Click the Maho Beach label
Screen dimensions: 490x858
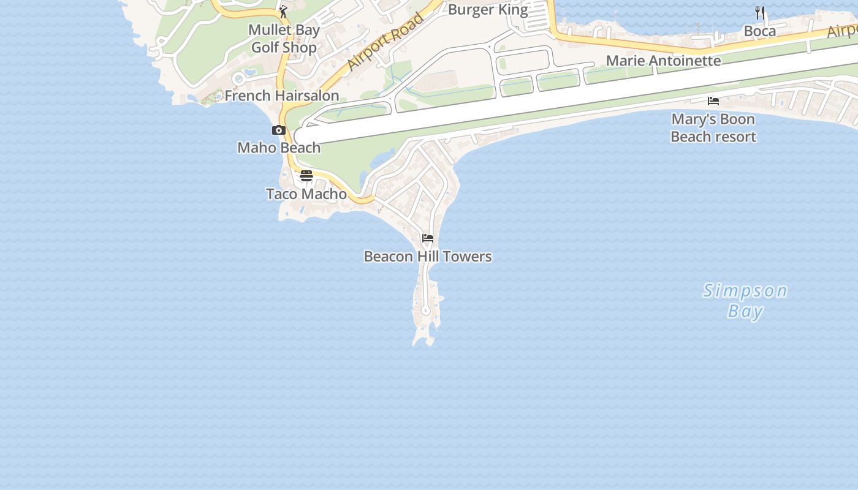[x=279, y=148]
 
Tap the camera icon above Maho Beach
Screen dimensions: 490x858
[x=279, y=130]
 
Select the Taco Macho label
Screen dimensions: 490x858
[x=306, y=194]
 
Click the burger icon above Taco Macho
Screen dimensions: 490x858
[x=306, y=176]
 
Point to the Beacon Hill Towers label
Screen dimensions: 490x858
[x=428, y=256]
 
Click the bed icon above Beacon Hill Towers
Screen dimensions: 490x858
[x=428, y=238]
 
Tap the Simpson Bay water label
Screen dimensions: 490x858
[x=745, y=300]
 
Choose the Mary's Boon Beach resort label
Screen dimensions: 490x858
[x=713, y=127]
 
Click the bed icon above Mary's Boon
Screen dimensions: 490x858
[x=713, y=100]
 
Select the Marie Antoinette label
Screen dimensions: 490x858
[x=663, y=61]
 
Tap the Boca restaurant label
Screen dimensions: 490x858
[x=760, y=31]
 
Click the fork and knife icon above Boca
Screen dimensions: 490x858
[x=760, y=12]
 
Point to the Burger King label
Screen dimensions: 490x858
[x=488, y=9]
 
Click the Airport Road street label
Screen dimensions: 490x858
[x=385, y=42]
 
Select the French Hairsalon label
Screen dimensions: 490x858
[x=282, y=96]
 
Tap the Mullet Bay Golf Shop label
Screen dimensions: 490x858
[x=284, y=39]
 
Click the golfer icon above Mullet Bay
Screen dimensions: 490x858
[x=283, y=12]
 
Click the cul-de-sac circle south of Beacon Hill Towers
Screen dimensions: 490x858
[x=426, y=311]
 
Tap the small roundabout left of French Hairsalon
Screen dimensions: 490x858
[x=238, y=79]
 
